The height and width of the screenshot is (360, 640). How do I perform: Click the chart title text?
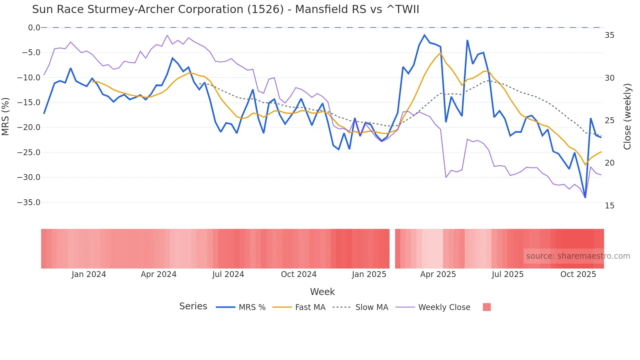pos(225,9)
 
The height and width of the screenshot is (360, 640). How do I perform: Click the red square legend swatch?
pos(487,307)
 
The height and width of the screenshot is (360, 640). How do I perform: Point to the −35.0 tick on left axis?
pos(29,203)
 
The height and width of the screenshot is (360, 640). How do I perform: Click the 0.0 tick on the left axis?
pos(34,28)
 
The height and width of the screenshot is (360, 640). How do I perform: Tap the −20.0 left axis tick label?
pos(29,127)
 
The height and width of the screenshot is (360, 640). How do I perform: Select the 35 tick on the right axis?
pos(609,35)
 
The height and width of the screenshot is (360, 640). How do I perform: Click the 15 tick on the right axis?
pos(609,206)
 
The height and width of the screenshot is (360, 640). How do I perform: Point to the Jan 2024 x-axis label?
pos(89,274)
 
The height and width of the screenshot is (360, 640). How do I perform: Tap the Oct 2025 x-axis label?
pos(578,274)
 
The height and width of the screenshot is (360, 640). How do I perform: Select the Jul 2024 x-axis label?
pos(228,274)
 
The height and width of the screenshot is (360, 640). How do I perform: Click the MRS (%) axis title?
pos(6,116)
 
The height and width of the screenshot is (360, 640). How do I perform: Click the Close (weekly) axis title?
pos(627,117)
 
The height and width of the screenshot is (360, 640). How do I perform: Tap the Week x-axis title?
pos(322,292)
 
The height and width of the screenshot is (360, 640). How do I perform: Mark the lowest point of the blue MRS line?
pos(585,197)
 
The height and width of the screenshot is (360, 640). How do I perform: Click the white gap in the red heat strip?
pos(392,249)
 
